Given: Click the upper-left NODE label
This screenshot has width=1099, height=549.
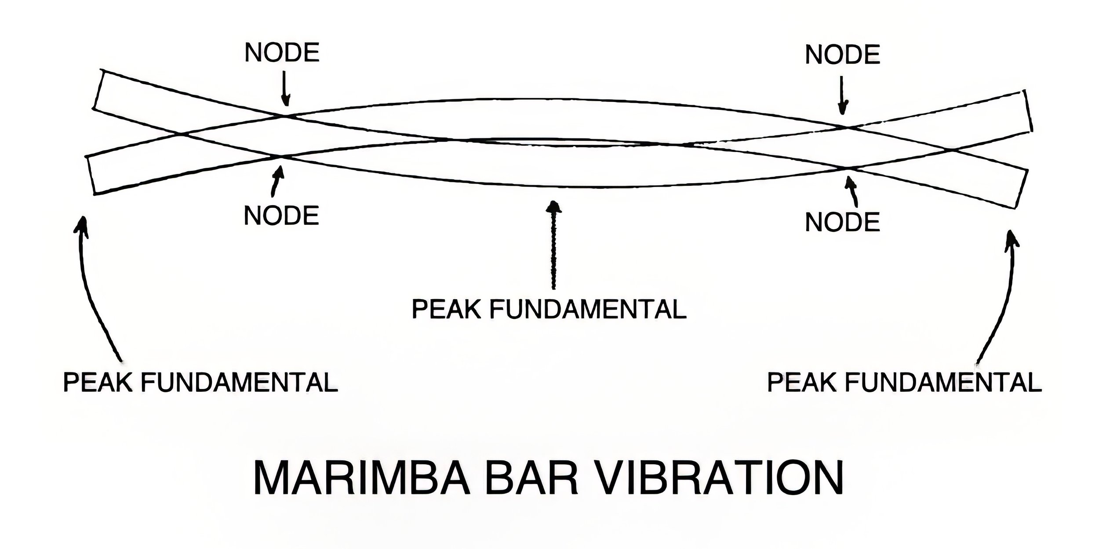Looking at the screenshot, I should [282, 53].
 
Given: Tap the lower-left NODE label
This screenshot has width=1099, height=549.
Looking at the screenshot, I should [281, 216].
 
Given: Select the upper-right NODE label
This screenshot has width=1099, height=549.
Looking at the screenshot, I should [842, 55].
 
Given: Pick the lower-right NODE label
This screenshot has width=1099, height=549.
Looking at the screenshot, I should [842, 222].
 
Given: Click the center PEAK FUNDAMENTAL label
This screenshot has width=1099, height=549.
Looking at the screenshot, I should [549, 309].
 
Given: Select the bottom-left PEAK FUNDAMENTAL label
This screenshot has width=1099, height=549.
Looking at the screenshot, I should [200, 382].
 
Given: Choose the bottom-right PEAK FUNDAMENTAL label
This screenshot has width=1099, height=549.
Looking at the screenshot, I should [904, 382].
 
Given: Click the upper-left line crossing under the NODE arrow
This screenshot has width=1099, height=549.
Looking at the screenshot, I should [285, 116].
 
